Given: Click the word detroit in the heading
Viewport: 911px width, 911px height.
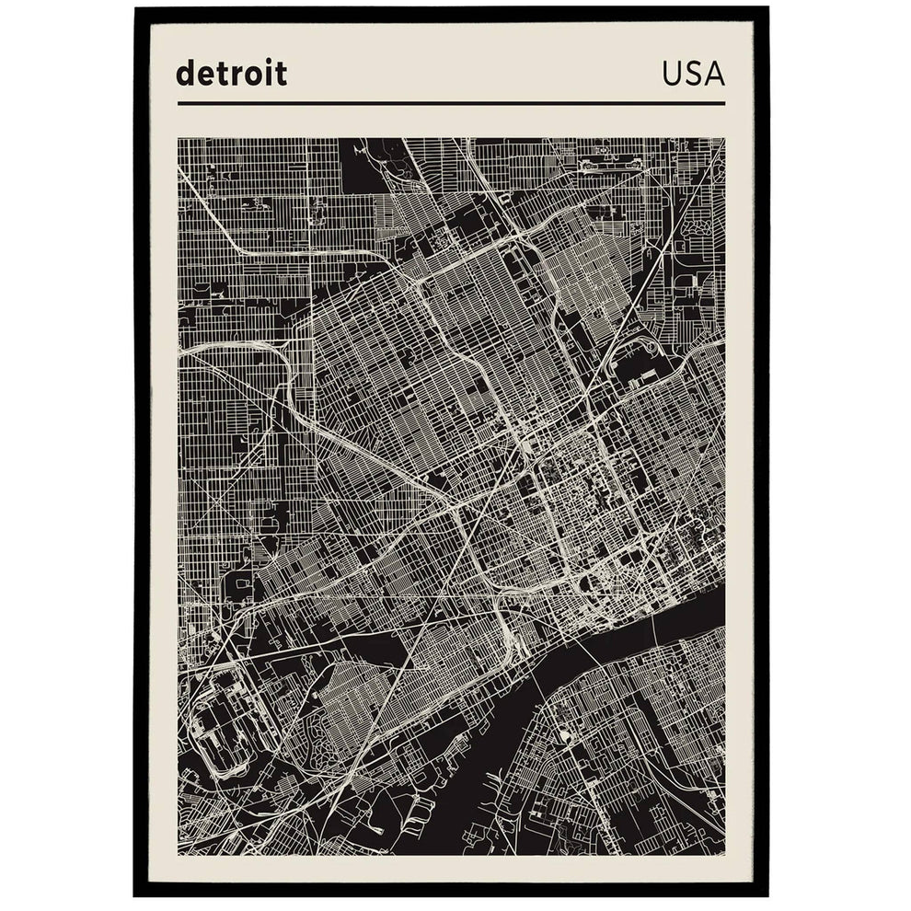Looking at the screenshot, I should tap(231, 73).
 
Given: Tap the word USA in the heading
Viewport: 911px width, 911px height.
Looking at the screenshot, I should tap(693, 74).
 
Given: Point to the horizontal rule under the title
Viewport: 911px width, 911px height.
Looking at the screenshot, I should tap(451, 104).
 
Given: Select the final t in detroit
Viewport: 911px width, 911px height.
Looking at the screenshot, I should tap(281, 74).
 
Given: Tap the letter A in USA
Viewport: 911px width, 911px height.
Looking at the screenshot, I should tap(714, 74).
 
